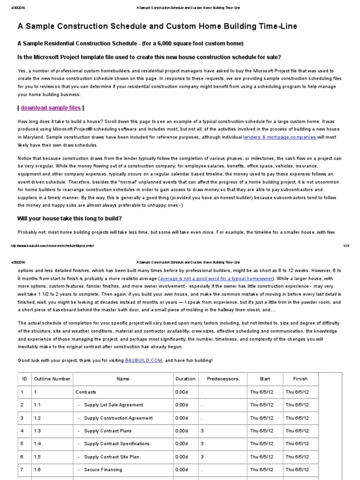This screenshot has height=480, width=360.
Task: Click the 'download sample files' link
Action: (x=51, y=107)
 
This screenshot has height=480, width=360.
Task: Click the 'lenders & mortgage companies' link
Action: (x=279, y=137)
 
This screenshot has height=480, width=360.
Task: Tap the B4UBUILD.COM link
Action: (x=143, y=360)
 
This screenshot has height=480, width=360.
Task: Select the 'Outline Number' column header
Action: (x=52, y=379)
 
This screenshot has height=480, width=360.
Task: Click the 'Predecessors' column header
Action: (x=223, y=379)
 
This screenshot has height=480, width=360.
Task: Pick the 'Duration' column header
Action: (x=186, y=379)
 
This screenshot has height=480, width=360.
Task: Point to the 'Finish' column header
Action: (x=300, y=379)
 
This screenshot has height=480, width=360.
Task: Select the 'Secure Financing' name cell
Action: (x=103, y=469)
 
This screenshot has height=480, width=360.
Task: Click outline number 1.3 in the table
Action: (x=37, y=430)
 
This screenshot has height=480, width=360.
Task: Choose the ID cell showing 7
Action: (x=22, y=469)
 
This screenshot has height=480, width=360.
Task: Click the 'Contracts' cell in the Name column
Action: (x=86, y=392)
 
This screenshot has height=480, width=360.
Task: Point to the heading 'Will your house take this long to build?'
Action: (x=69, y=218)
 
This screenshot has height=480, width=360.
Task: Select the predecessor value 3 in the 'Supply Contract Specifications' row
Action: (x=202, y=443)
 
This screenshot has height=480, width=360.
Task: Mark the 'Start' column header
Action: (x=265, y=379)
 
